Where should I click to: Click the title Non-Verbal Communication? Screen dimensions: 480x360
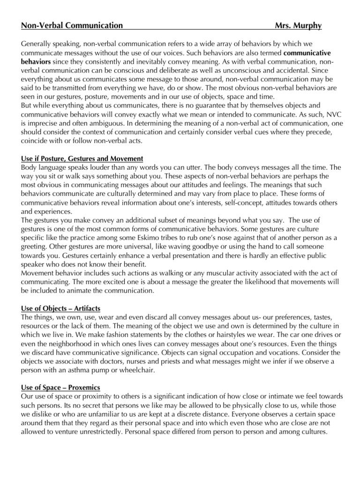pos(72,25)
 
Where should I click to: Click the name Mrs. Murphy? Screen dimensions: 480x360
pos(298,25)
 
